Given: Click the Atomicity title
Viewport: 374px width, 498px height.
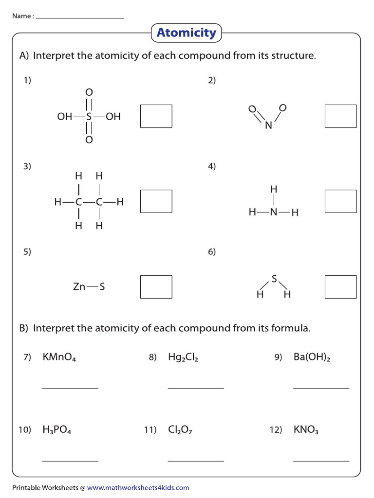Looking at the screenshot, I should coord(186,33).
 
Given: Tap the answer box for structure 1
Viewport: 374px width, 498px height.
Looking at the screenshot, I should coord(156,116).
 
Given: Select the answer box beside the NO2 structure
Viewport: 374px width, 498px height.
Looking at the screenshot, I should coord(340,116).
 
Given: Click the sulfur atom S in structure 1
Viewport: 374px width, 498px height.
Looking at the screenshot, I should coord(89,117).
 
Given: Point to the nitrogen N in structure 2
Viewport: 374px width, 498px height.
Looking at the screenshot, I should coord(268,125).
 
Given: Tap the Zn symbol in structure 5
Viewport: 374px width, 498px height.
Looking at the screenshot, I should coord(79,287).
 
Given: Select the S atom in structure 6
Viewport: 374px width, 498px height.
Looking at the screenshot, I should coord(274,279).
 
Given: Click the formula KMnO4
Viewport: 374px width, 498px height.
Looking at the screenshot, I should coord(59,358).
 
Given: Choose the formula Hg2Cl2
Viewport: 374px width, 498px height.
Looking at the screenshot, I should coord(183,358).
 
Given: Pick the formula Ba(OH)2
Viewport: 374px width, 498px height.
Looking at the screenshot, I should coord(312,358).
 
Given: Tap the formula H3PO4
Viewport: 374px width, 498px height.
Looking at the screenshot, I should coord(57,430).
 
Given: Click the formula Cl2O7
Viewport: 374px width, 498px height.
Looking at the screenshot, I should coord(180,430).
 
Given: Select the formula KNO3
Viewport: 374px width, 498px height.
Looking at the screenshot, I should coord(306,430).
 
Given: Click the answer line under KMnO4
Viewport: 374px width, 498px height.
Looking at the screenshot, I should coord(70,388).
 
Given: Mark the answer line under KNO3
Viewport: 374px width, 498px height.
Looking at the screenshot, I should coord(321,461).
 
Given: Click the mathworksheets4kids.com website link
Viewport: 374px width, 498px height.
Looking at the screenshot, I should coord(138,488).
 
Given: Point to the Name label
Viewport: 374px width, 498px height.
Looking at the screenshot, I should coord(22,16).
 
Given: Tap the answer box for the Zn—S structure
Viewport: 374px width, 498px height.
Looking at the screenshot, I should coord(156,287).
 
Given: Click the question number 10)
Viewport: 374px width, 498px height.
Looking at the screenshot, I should coord(25,430).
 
